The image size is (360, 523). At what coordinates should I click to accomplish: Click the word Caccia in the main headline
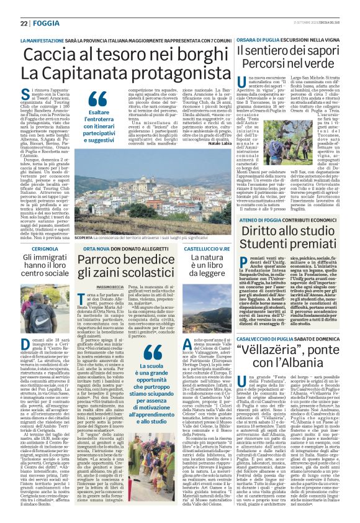tap(46, 55)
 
